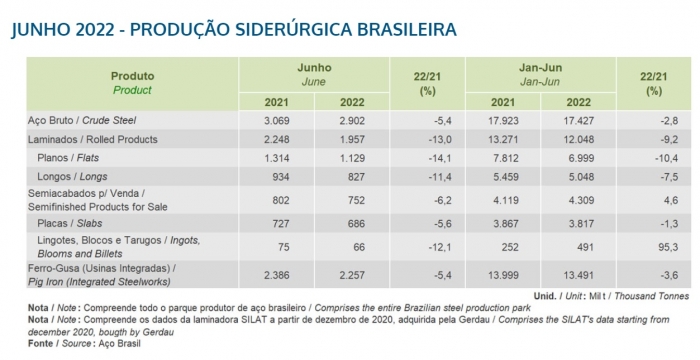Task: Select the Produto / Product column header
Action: (x=132, y=82)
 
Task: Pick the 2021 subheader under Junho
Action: (x=278, y=102)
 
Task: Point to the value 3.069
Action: (x=278, y=120)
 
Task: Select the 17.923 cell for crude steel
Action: (x=510, y=120)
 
